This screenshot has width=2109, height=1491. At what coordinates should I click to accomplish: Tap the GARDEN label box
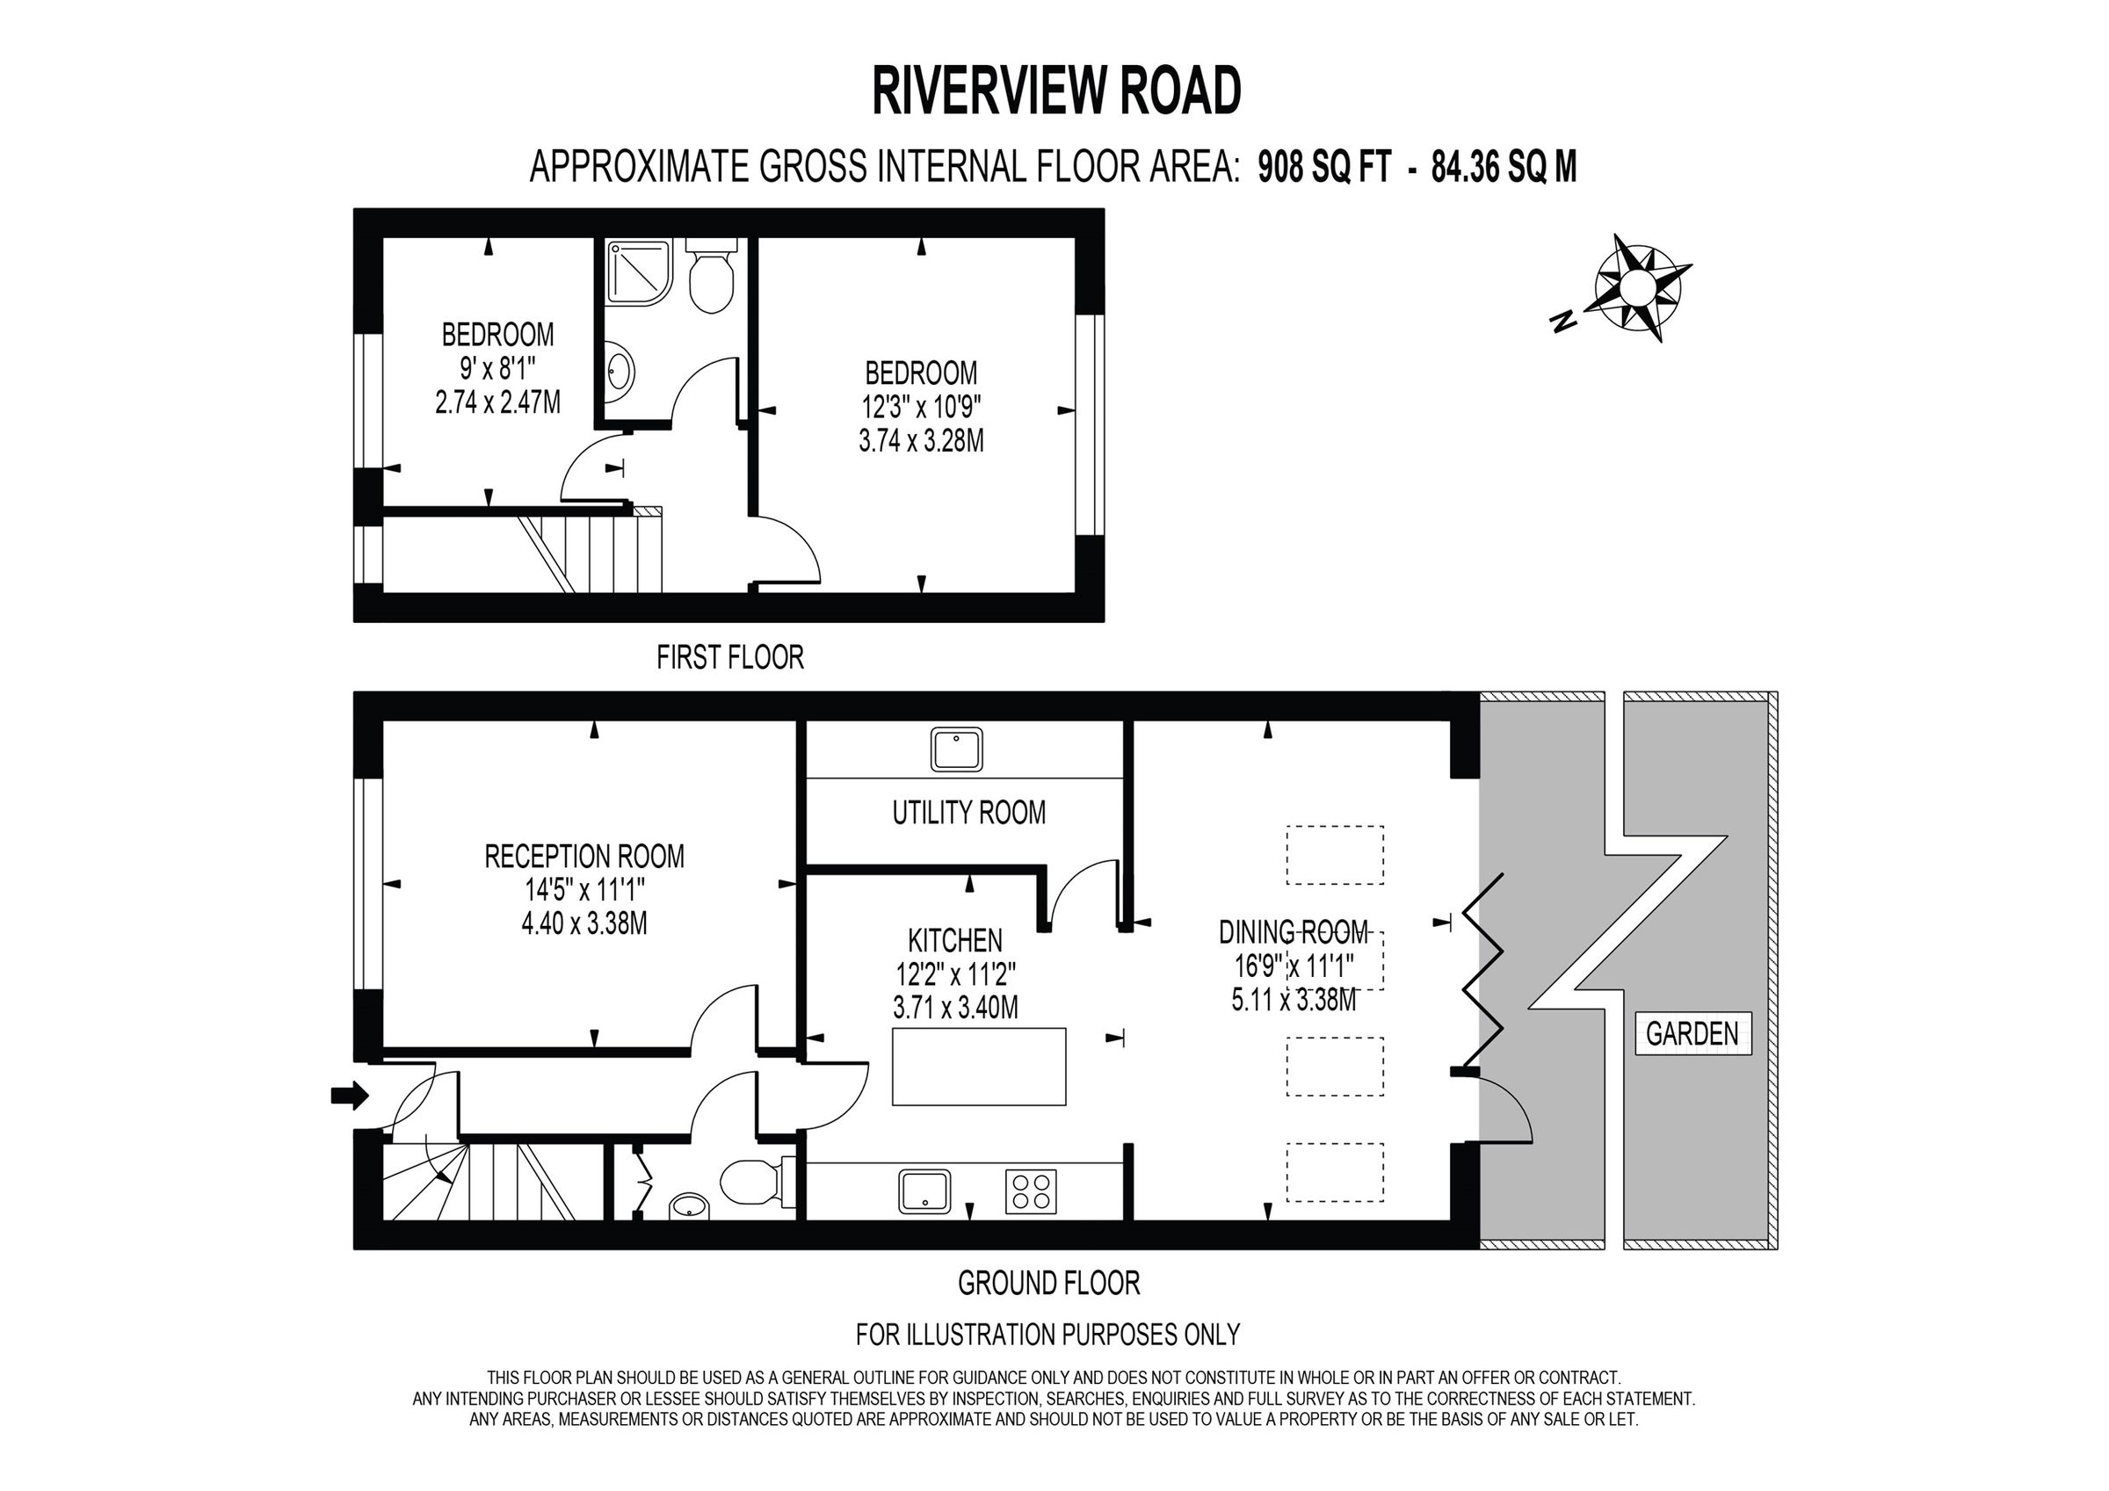click(x=1692, y=1033)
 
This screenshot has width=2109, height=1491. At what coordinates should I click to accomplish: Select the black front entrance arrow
click(x=349, y=1095)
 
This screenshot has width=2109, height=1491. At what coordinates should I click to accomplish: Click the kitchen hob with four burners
click(x=1031, y=1191)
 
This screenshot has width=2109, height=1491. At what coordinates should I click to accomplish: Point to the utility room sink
click(x=957, y=749)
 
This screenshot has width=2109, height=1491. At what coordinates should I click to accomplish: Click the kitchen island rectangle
click(x=979, y=1067)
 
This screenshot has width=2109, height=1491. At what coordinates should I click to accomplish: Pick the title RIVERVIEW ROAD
click(x=1056, y=91)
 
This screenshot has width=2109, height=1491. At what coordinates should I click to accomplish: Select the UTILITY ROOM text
click(x=969, y=812)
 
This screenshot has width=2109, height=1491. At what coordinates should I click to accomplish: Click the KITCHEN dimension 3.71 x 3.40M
click(x=955, y=1008)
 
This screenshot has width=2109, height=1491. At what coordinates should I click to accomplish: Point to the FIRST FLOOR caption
click(x=730, y=657)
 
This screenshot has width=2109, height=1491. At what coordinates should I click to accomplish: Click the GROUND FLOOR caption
click(x=1049, y=1283)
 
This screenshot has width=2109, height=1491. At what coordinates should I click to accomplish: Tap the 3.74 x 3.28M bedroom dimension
click(x=921, y=441)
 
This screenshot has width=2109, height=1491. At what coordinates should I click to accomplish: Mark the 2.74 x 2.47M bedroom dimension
click(x=498, y=402)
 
